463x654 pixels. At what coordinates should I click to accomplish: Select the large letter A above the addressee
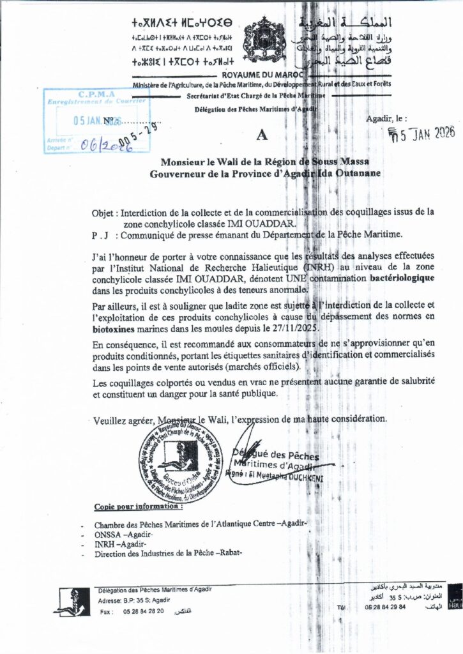tap(260, 135)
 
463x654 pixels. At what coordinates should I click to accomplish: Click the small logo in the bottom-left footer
tap(71, 602)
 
